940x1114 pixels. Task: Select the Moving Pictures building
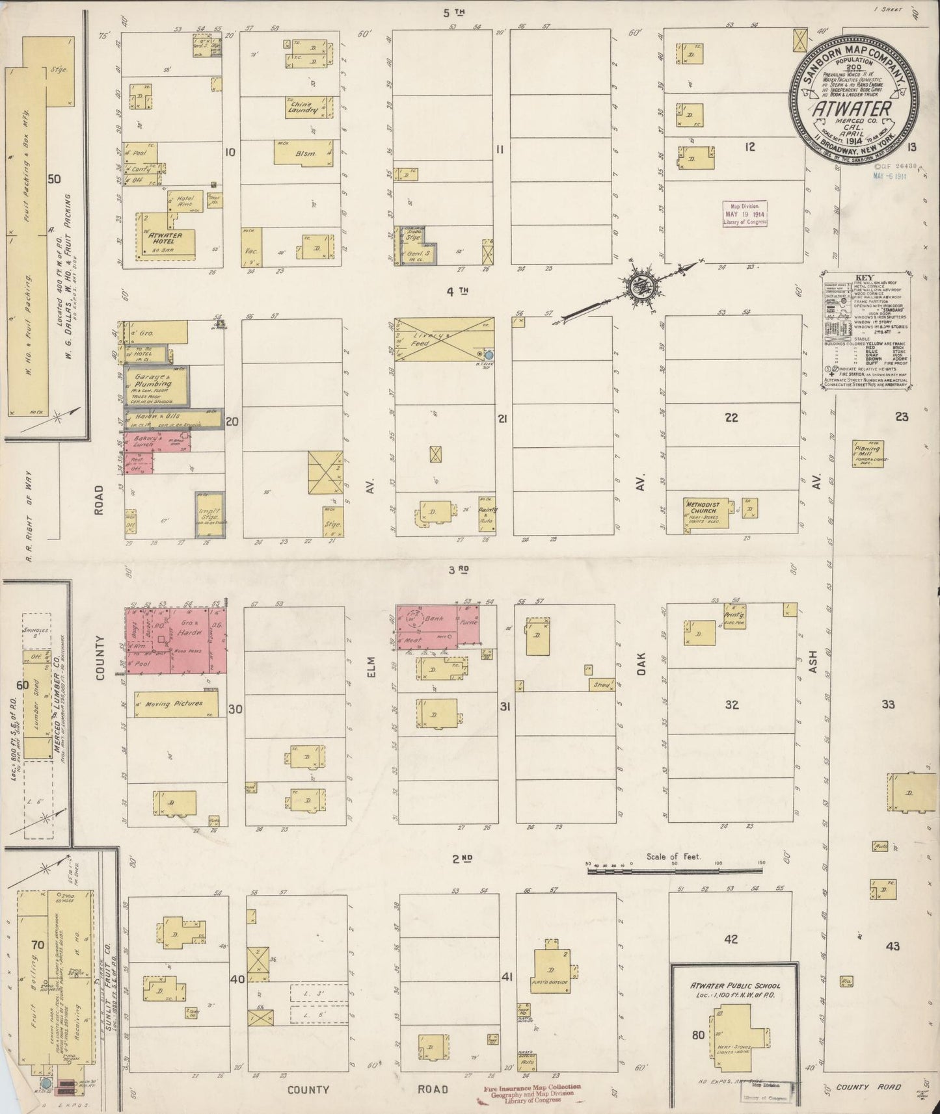point(179,703)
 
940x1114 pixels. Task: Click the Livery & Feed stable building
point(444,339)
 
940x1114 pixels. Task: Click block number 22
point(732,418)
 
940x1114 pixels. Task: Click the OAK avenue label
point(641,665)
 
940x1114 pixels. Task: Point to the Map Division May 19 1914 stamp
point(745,213)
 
